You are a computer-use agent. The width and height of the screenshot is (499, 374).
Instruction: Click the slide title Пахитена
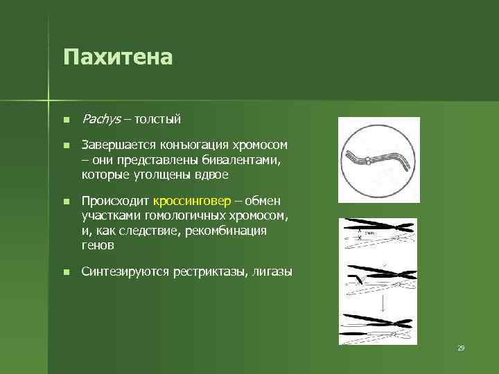(117, 56)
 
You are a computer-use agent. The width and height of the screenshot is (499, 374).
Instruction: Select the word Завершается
(115, 145)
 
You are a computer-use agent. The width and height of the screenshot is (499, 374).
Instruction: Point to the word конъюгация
(185, 145)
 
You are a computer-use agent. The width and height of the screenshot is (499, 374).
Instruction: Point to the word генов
(98, 244)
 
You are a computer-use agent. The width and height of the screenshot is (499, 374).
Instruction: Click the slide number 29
(460, 348)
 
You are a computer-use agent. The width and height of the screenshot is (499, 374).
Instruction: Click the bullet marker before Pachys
(65, 120)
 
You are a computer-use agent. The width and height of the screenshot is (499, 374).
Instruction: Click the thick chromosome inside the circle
(377, 158)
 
